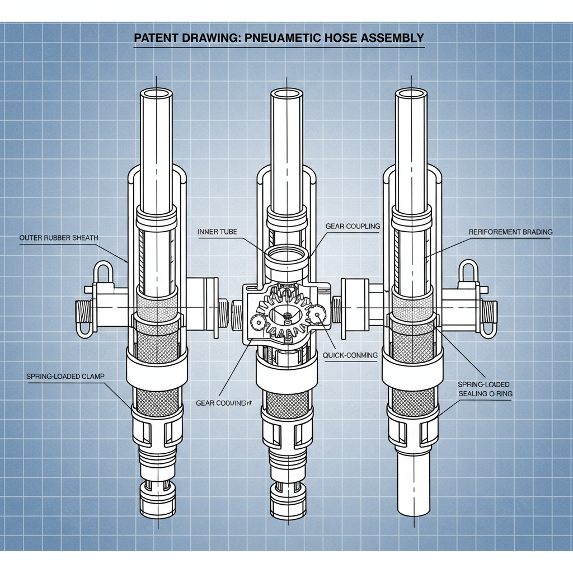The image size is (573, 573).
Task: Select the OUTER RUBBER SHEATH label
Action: [59, 238]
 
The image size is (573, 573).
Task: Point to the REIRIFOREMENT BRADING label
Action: [510, 232]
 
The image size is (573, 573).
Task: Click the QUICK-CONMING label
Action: [350, 355]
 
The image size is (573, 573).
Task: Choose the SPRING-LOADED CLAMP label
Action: [65, 377]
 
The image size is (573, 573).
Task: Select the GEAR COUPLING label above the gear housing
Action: [353, 226]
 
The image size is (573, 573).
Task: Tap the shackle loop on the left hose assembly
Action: [103, 273]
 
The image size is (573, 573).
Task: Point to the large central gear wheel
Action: [286, 316]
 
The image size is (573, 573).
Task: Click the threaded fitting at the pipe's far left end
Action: [83, 317]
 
